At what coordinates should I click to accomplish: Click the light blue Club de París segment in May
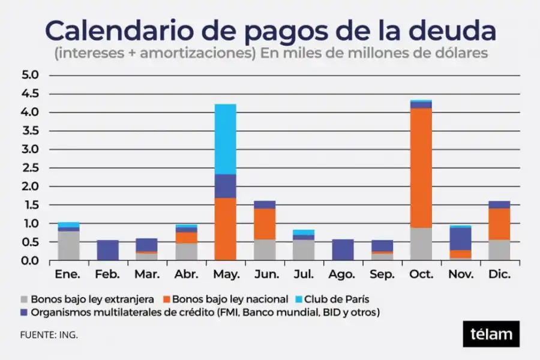[x=226, y=139]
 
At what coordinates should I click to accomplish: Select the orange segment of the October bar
[x=421, y=168]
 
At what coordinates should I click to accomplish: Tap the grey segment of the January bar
[x=68, y=245]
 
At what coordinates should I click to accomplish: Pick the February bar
[x=108, y=250]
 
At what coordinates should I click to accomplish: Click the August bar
[x=343, y=250]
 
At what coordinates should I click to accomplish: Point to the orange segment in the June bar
[x=264, y=224]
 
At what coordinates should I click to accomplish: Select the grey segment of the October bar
[x=421, y=244]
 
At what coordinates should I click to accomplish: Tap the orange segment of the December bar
[x=499, y=224]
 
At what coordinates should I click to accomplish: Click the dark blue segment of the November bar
[x=460, y=238]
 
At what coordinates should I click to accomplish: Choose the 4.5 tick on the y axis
[x=29, y=94]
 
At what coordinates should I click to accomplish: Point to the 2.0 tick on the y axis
[x=29, y=187]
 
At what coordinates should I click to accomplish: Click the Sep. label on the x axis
[x=382, y=274]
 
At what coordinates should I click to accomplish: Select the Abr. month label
[x=186, y=274]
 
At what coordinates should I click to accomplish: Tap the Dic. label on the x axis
[x=499, y=274]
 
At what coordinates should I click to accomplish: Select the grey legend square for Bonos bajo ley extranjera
[x=24, y=298]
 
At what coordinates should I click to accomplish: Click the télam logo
[x=491, y=334]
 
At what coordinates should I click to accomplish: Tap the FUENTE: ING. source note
[x=49, y=335]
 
